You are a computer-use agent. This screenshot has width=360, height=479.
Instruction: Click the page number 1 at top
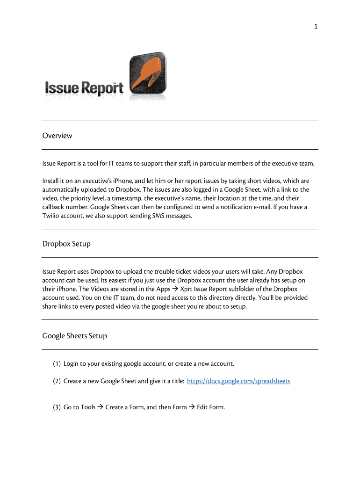316,27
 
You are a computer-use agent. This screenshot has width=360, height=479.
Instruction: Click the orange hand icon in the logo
146,75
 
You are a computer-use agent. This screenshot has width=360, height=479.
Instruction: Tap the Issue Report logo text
84,88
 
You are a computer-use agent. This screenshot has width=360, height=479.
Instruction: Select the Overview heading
57,136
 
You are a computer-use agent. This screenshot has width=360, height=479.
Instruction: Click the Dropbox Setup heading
66,244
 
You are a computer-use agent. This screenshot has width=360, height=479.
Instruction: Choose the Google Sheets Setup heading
75,336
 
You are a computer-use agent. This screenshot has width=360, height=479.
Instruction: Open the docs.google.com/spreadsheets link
238,381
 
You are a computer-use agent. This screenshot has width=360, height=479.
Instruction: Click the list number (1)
57,364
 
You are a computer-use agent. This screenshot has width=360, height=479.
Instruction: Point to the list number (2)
57,381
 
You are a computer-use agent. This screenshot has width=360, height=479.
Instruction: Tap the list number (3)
57,407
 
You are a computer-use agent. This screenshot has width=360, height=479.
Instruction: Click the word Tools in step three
88,407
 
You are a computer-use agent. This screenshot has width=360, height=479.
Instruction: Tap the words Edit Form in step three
211,407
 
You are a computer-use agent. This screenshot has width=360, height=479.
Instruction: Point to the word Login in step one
72,364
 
